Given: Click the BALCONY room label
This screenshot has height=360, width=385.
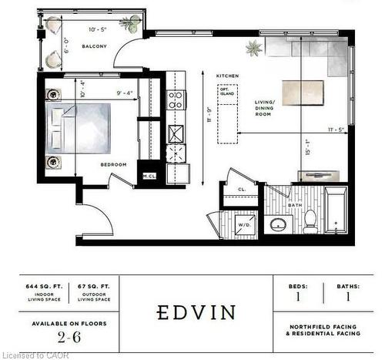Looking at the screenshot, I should tap(93, 46).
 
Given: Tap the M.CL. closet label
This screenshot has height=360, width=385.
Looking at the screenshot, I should tap(149, 177).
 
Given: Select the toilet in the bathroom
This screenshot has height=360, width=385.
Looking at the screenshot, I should tap(310, 221).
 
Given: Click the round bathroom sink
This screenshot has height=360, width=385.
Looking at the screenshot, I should tap(278, 225).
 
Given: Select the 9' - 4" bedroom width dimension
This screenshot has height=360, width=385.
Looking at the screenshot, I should tap(124, 94).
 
